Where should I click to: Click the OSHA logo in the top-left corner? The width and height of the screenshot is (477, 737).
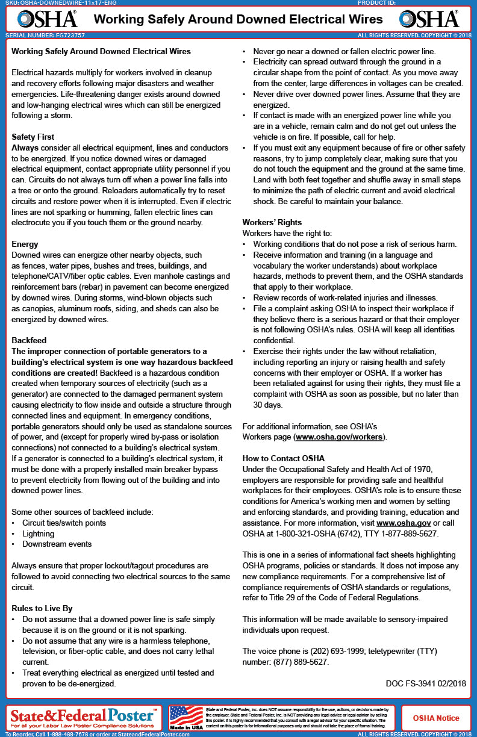point(47,19)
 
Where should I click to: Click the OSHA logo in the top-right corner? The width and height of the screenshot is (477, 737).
point(428,19)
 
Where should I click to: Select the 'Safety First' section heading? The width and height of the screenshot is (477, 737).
point(33,137)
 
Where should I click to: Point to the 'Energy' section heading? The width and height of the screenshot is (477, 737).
point(25,244)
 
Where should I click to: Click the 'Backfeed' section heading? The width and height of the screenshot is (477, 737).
point(29,340)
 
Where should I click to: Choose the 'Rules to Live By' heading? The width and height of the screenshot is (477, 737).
point(42,608)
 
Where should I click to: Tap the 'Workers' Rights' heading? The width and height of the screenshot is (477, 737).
point(272,222)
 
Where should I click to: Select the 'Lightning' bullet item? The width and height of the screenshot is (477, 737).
point(38,533)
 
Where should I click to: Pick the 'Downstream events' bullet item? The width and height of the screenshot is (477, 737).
point(57,544)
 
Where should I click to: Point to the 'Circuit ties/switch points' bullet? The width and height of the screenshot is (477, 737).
point(64,523)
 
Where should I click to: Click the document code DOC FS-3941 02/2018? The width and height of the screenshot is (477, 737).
point(425,683)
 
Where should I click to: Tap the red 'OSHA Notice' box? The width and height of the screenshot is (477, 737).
point(435,718)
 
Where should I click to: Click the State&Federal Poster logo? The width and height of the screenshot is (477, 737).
point(84,717)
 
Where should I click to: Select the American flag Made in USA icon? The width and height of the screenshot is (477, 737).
point(186,717)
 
